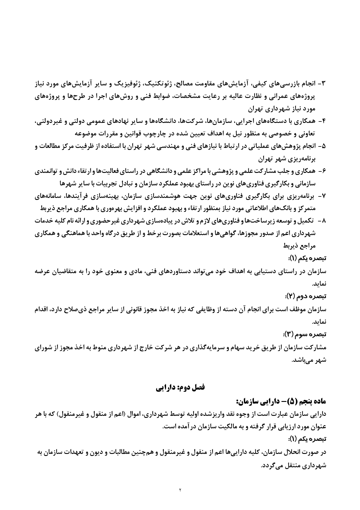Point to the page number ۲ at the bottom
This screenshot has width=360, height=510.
pos(180,491)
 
